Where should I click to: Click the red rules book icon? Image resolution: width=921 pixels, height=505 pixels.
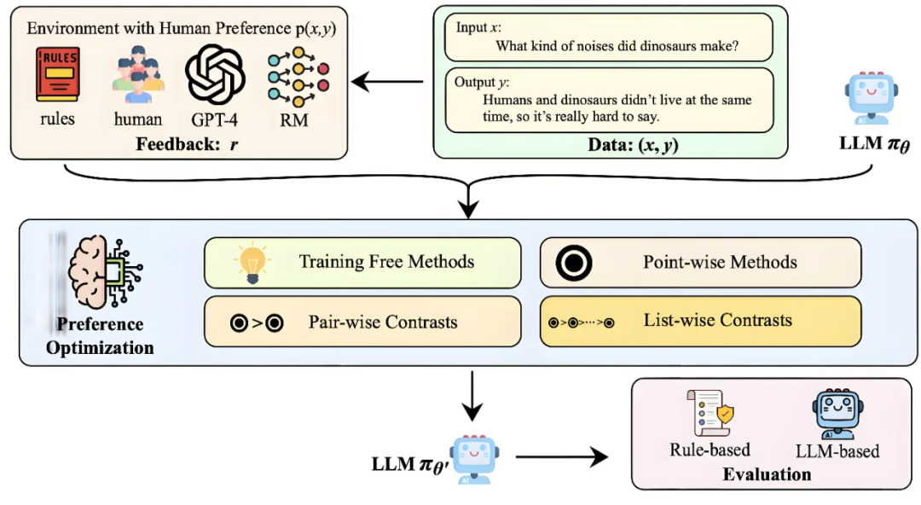58,75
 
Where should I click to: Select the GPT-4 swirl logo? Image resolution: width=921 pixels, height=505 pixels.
215,75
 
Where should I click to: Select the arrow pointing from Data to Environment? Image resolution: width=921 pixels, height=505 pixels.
389,83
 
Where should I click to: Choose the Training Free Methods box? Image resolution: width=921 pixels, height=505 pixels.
362,262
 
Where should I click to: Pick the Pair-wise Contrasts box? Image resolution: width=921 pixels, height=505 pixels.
362,322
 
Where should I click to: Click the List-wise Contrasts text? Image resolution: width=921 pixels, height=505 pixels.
717,321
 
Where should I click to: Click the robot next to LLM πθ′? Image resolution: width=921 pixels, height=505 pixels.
472,458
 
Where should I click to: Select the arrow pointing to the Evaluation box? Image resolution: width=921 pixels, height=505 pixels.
562,457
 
